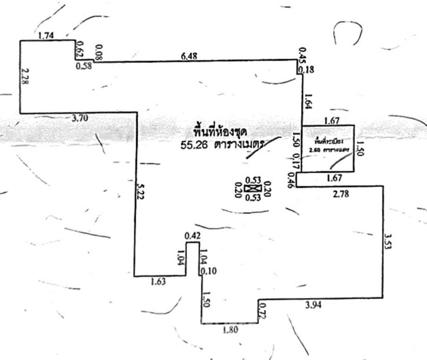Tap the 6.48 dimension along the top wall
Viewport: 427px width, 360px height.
pyautogui.click(x=189, y=56)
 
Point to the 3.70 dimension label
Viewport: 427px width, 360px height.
pyautogui.click(x=80, y=118)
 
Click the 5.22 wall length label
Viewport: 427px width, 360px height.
pyautogui.click(x=141, y=191)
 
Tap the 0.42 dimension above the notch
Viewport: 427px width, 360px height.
pyautogui.click(x=192, y=236)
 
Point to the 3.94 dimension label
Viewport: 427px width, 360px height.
pyautogui.click(x=313, y=305)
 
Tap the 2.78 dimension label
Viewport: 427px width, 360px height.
pyautogui.click(x=340, y=194)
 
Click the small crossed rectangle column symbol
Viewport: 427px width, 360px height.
pyautogui.click(x=253, y=188)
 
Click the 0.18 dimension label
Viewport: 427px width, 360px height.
pyautogui.click(x=308, y=70)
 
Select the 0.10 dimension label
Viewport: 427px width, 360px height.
pyautogui.click(x=210, y=271)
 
